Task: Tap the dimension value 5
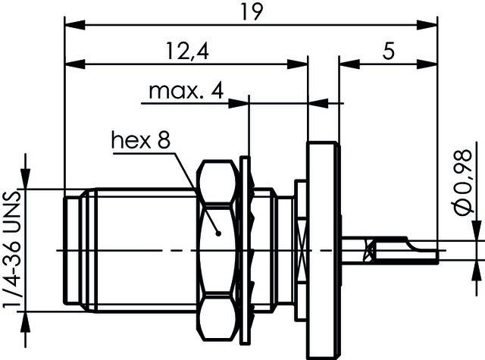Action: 389,52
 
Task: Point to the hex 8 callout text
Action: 141,140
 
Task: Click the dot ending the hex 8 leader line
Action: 218,234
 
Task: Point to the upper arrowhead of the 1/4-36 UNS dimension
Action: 27,181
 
